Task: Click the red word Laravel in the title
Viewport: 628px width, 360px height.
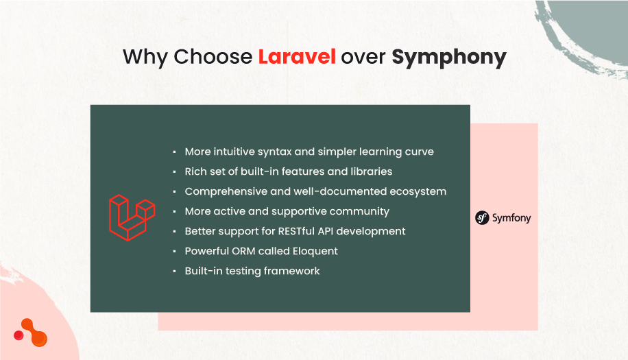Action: tap(296, 57)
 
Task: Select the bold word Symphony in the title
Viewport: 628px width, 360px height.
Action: tap(448, 57)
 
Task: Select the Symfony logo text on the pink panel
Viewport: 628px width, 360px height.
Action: tap(511, 218)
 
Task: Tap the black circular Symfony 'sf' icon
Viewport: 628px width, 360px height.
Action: tap(482, 218)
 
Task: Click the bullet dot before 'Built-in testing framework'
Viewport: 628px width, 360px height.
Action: tap(176, 272)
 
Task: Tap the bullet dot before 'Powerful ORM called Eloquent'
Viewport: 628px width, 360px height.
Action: tap(176, 252)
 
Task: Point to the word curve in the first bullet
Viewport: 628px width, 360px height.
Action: tap(418, 152)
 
